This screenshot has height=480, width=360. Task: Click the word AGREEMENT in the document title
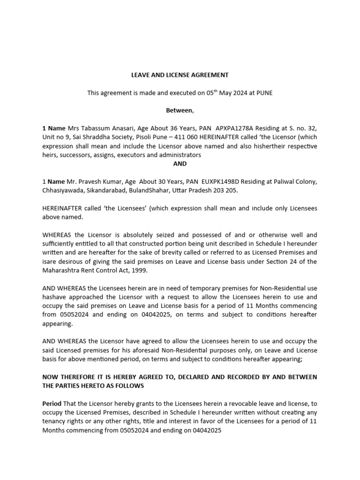(x=208, y=75)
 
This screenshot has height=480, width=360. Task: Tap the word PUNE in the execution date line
(x=264, y=93)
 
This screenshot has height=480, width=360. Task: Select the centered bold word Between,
(x=180, y=111)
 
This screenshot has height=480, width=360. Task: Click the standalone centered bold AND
(x=180, y=164)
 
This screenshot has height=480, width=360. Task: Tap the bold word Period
(x=52, y=403)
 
